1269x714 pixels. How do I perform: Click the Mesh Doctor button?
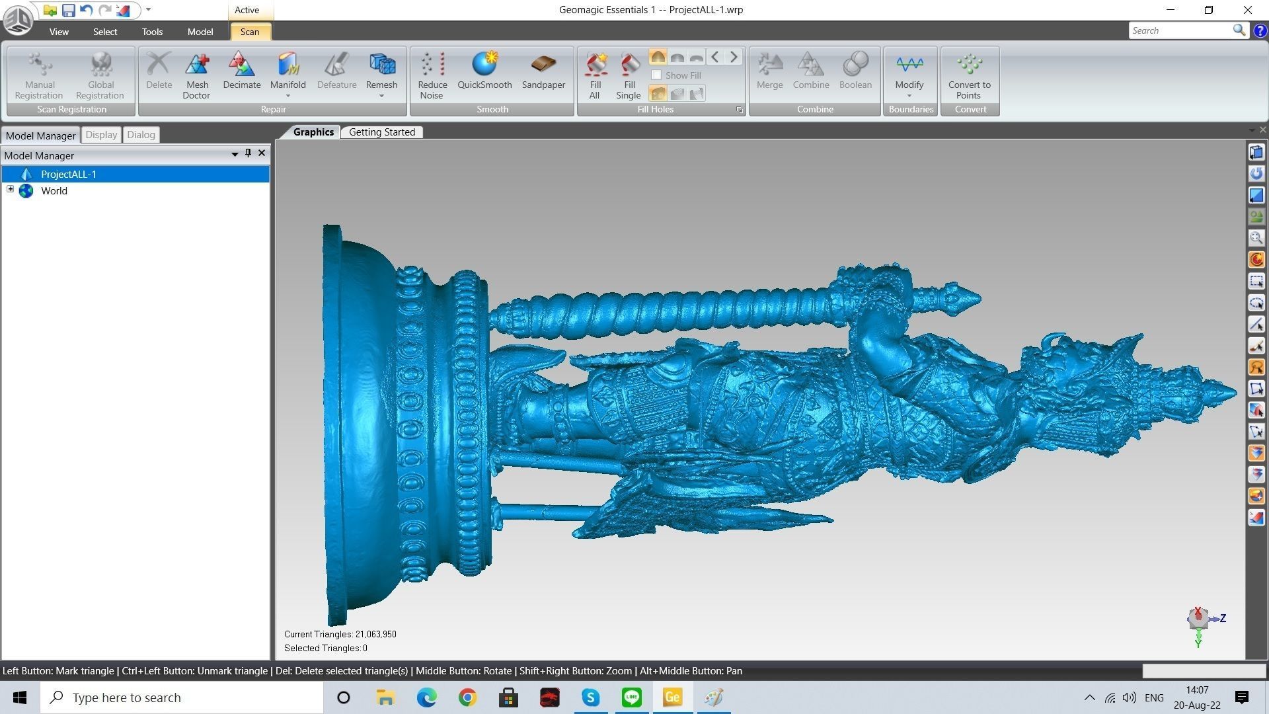pyautogui.click(x=197, y=75)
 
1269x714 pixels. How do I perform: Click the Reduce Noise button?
pyautogui.click(x=432, y=75)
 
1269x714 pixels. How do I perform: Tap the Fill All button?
pyautogui.click(x=595, y=75)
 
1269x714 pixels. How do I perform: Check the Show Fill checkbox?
pyautogui.click(x=656, y=75)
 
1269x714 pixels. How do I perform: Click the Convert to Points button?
pyautogui.click(x=969, y=75)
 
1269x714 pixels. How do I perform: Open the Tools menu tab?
pyautogui.click(x=152, y=32)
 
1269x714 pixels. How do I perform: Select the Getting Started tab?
pyautogui.click(x=382, y=132)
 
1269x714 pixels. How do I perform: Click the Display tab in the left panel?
pyautogui.click(x=101, y=135)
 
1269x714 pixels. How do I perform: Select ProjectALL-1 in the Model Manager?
pyautogui.click(x=69, y=175)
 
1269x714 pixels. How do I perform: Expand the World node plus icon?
pyautogui.click(x=11, y=190)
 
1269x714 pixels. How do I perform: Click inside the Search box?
pyautogui.click(x=1180, y=30)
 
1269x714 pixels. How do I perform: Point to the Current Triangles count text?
pyautogui.click(x=340, y=634)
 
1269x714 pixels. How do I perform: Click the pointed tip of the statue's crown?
pyautogui.click(x=1234, y=393)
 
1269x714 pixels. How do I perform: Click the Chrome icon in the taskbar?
pyautogui.click(x=467, y=697)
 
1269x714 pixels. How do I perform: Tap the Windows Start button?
pyautogui.click(x=20, y=697)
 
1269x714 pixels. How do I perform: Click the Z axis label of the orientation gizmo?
pyautogui.click(x=1223, y=618)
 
